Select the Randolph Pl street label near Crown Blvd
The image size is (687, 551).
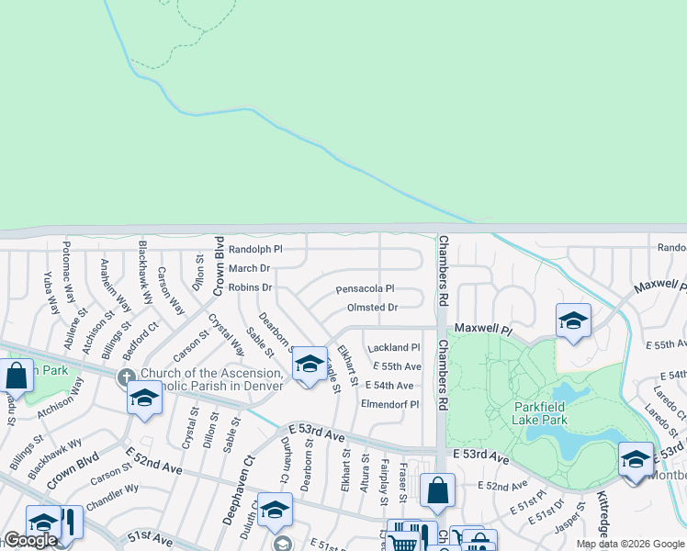coord(254,249)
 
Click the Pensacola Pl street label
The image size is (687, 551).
coord(365,288)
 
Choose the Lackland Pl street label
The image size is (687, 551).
coord(393,348)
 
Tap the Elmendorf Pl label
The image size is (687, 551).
coord(390,404)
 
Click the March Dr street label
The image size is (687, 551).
coord(249,268)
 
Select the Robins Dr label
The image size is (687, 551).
coord(251,287)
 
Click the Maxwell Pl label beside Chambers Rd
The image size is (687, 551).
coord(482,328)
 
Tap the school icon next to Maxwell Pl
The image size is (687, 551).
coord(573,321)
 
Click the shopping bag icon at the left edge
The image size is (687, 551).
coord(16,375)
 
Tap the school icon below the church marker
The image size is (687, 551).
coord(144,398)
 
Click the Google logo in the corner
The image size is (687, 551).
coord(30,540)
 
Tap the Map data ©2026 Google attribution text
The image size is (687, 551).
coord(629,544)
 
